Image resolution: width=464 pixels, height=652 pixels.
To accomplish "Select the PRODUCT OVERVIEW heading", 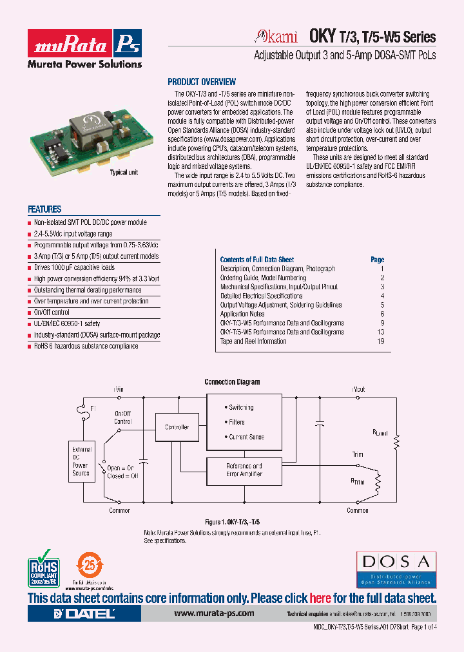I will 202,82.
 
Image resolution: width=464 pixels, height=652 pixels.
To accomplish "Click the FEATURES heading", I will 44,209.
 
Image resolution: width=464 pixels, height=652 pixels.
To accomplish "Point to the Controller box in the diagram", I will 177,427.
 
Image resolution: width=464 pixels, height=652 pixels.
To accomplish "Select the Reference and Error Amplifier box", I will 244,470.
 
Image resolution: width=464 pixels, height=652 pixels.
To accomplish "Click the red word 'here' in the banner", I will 320,598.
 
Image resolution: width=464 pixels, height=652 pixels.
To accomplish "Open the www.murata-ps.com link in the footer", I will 214,614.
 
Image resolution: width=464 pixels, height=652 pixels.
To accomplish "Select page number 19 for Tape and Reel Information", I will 381,341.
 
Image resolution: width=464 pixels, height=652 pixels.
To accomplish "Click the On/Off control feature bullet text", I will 52,312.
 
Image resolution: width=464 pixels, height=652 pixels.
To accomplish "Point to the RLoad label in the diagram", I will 380,433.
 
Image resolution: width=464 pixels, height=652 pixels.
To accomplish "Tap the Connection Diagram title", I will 232,382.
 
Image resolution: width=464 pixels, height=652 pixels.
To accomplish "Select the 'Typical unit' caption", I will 124,173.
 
